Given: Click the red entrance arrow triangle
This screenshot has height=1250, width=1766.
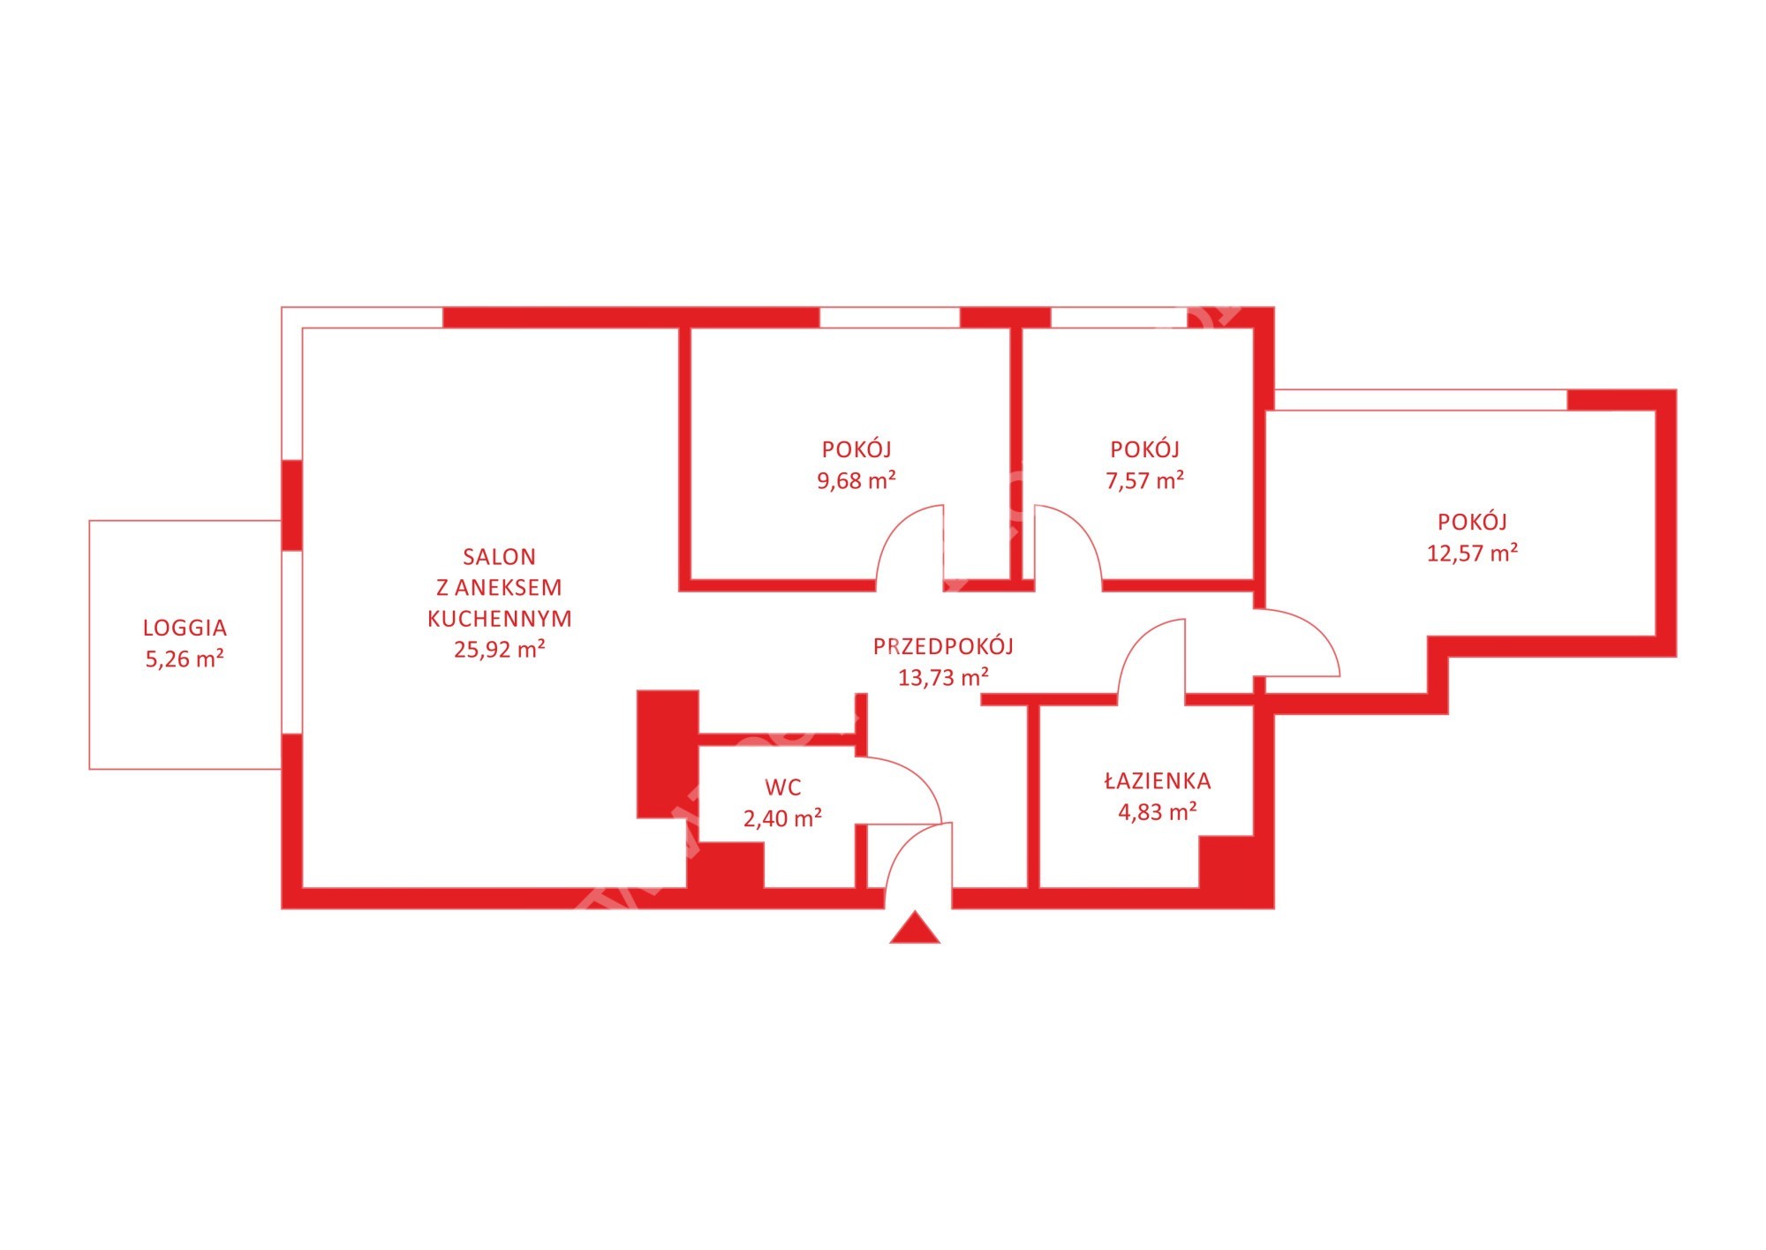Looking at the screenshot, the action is pyautogui.click(x=915, y=929).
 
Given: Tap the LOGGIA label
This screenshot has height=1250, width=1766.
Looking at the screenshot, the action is pyautogui.click(x=185, y=628).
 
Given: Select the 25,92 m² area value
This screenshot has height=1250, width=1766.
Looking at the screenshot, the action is pyautogui.click(x=500, y=649).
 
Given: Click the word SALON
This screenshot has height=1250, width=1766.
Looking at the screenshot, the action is pyautogui.click(x=499, y=557).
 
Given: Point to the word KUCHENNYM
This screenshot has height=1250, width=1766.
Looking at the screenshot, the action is pyautogui.click(x=500, y=619).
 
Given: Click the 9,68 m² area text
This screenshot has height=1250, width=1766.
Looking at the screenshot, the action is pyautogui.click(x=857, y=480).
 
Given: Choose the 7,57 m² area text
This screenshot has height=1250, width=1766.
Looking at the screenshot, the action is pyautogui.click(x=1145, y=480).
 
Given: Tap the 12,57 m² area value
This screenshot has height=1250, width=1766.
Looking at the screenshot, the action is pyautogui.click(x=1473, y=553).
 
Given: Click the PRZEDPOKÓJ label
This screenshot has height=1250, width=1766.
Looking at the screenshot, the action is pyautogui.click(x=943, y=646).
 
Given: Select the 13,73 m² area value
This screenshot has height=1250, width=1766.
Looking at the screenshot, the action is pyautogui.click(x=943, y=677).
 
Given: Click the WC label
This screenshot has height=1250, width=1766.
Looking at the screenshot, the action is pyautogui.click(x=783, y=787).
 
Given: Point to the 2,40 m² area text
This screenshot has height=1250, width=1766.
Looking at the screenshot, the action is pyautogui.click(x=783, y=818).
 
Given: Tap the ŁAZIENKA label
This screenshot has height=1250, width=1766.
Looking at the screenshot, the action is pyautogui.click(x=1158, y=780).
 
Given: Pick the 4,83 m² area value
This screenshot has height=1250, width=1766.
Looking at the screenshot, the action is pyautogui.click(x=1158, y=811).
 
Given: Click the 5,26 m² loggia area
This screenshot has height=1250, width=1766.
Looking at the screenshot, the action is pyautogui.click(x=185, y=659).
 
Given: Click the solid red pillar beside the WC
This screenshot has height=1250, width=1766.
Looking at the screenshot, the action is pyautogui.click(x=668, y=754).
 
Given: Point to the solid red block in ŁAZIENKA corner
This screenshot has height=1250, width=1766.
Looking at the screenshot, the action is pyautogui.click(x=1227, y=862).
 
